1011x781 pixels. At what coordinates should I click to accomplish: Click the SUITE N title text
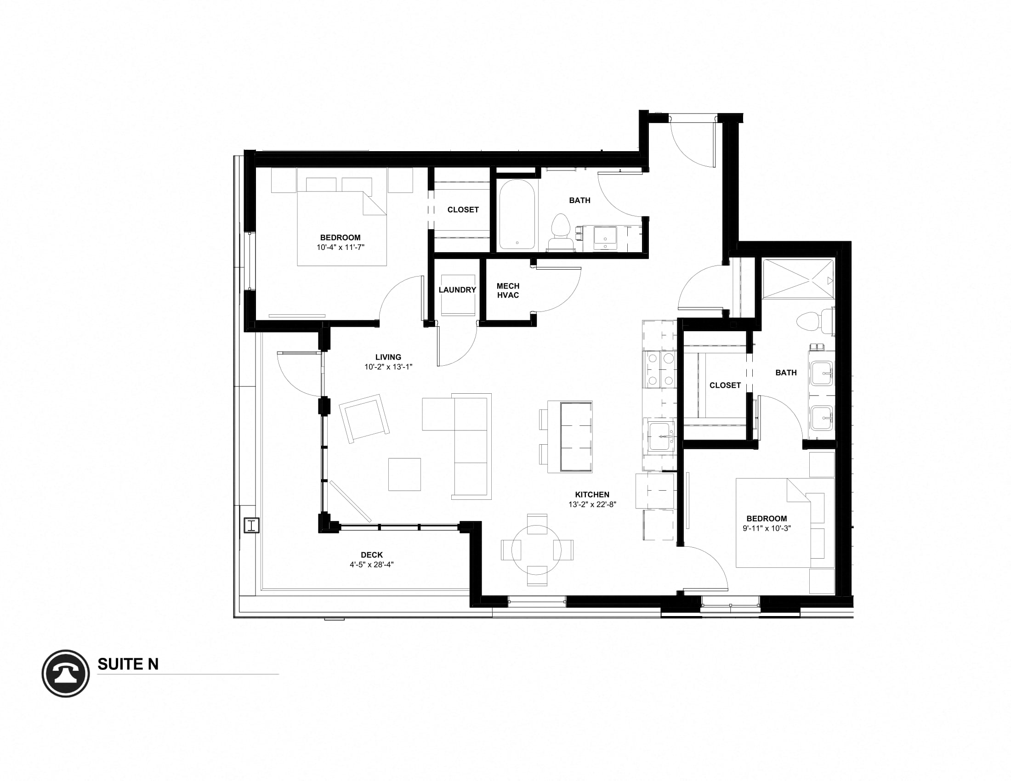[x=128, y=664]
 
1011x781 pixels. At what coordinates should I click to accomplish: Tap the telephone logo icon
[x=66, y=673]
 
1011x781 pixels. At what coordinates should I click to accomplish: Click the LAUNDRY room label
[x=457, y=290]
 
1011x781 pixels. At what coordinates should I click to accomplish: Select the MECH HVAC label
[x=508, y=290]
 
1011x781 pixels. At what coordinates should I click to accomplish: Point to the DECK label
[x=372, y=555]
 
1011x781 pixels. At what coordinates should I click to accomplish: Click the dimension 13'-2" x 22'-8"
[x=592, y=505]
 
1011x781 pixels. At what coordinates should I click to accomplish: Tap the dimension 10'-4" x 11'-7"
[x=340, y=248]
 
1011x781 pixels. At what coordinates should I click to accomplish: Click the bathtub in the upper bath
[x=517, y=214]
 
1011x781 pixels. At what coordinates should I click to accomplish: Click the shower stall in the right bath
[x=798, y=279]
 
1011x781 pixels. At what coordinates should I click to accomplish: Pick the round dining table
[x=537, y=550]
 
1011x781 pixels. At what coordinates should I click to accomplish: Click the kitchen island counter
[x=575, y=437]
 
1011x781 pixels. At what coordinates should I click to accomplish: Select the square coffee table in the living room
[x=404, y=474]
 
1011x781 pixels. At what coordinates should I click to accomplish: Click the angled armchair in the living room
[x=364, y=418]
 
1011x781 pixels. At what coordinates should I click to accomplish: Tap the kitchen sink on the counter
[x=659, y=436]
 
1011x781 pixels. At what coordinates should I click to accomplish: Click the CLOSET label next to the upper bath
[x=463, y=210]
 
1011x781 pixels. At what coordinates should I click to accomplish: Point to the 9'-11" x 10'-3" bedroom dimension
[x=767, y=528]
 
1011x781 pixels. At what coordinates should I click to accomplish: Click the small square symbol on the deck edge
[x=251, y=526]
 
